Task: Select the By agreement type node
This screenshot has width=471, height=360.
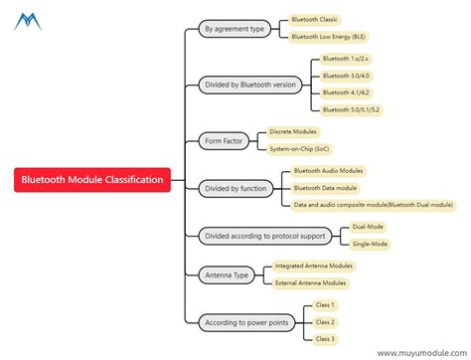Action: (234, 29)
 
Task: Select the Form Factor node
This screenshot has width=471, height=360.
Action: (223, 140)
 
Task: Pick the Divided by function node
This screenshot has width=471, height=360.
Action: (235, 187)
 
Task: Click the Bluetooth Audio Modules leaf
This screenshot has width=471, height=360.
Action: (329, 171)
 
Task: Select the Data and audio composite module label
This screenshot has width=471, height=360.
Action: (374, 205)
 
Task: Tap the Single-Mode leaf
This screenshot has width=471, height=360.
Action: (371, 244)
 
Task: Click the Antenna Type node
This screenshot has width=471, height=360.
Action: (225, 273)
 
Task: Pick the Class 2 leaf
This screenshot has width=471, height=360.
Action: (325, 322)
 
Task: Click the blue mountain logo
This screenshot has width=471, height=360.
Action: (28, 20)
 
